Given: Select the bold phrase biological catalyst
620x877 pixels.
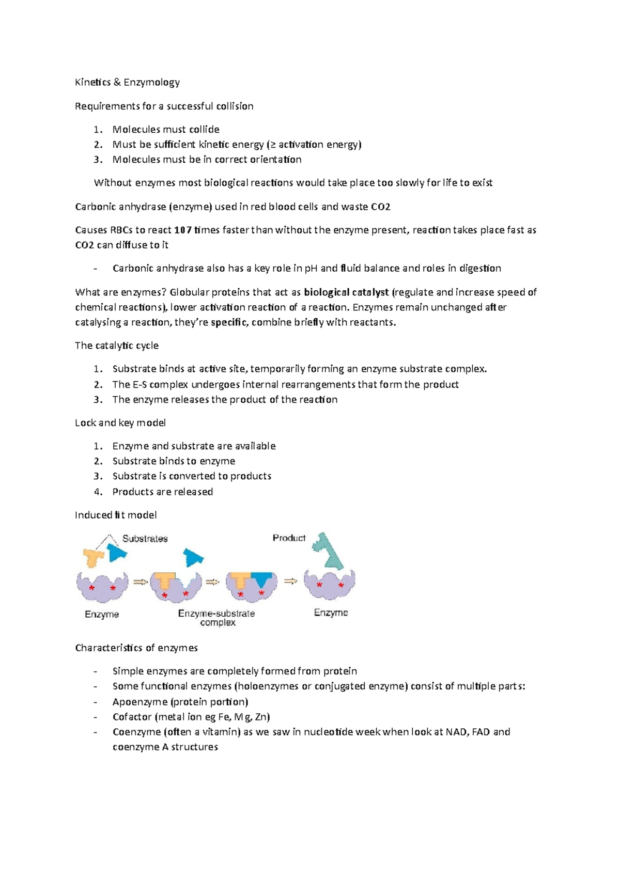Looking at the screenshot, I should point(346,292).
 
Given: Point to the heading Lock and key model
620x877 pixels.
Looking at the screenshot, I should point(120,422).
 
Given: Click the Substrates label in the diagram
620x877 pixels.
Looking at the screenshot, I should point(145,539).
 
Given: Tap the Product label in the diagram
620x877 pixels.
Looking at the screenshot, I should point(289,538).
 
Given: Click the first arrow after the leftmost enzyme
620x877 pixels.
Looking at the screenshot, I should point(141,582).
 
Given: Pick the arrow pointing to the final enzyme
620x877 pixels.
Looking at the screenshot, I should point(291,581).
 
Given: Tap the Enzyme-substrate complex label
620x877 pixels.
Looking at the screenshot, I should point(216,618).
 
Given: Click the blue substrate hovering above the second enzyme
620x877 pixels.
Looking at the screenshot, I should point(194,558).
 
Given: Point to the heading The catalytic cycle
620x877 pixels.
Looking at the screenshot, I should point(117,346).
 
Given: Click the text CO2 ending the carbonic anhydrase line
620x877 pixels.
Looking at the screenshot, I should point(380,207).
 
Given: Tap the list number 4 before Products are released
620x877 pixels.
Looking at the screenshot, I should point(97,492).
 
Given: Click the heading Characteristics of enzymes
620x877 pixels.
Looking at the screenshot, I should point(136,648).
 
